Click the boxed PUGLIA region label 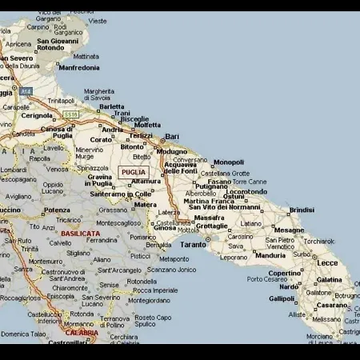[134, 172]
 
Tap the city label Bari [172, 137]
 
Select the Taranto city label [193, 244]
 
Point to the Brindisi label [302, 210]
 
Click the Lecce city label [327, 262]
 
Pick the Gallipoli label [282, 298]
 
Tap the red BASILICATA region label [79, 234]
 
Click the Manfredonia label [79, 68]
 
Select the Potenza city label [56, 210]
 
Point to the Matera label [146, 204]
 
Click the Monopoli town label [229, 162]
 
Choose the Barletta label [112, 106]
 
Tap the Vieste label [98, 21]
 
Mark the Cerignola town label [37, 115]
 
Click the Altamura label [146, 182]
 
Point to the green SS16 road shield [72, 114]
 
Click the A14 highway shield [26, 91]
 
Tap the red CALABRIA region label [82, 332]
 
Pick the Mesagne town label [289, 230]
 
